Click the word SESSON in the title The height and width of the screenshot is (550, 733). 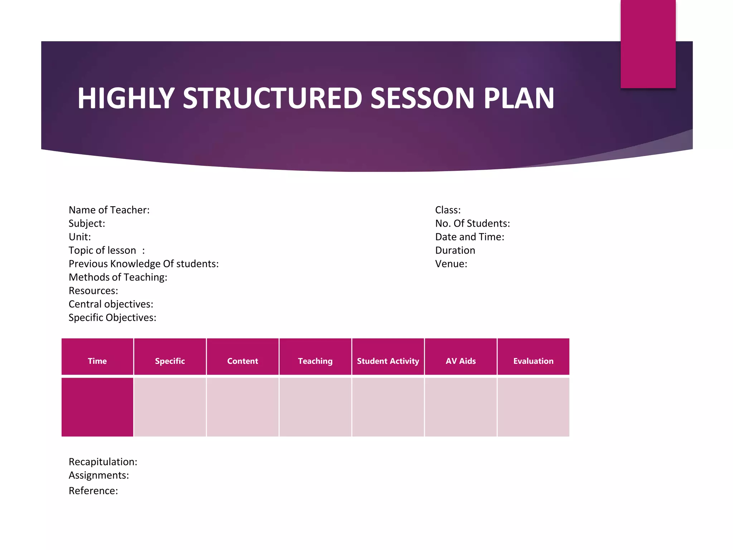pos(422,98)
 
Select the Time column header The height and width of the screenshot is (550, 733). pos(97,361)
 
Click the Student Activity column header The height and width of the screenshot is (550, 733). pos(388,361)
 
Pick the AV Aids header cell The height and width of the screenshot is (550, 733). pos(461,361)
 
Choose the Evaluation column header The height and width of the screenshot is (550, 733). pos(533,361)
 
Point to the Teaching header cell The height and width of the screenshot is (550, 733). pos(315,361)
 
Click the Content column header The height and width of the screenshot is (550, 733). pos(243,361)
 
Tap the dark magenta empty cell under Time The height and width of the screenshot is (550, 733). pos(97,407)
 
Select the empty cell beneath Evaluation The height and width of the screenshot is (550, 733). pos(533,407)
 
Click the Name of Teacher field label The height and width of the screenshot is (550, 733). pos(109,210)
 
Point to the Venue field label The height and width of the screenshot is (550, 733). pos(451,264)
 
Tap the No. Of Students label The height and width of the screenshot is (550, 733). pos(472,223)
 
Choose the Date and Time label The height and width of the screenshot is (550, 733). pos(470,237)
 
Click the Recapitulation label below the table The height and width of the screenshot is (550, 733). pos(103,462)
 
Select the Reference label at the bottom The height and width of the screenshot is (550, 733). pos(93,491)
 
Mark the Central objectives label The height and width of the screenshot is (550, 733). pos(111,304)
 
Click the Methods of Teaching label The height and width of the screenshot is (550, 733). pos(118,277)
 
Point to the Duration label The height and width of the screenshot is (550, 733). pos(455,250)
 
